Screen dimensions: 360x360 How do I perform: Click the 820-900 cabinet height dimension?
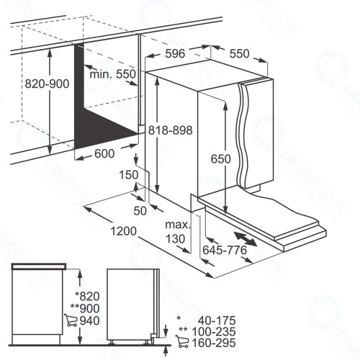(47, 84)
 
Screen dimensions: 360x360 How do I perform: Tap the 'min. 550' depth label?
(112, 74)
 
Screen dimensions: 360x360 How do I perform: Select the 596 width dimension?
(175, 53)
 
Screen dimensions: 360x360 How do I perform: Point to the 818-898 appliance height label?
(171, 130)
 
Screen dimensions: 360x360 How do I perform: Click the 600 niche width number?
(104, 153)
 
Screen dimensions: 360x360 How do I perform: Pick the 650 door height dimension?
(220, 158)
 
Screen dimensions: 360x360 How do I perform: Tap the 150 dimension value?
(129, 175)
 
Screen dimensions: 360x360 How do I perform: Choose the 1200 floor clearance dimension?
(123, 231)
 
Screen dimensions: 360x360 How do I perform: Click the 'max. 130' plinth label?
(177, 232)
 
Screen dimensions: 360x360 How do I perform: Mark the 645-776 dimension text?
(225, 250)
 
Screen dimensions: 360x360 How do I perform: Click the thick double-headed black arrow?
(246, 239)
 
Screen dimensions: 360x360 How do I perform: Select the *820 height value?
(87, 296)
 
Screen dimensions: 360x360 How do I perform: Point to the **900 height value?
(85, 308)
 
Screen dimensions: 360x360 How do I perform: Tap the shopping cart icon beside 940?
(71, 320)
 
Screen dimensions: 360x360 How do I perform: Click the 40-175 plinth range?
(217, 320)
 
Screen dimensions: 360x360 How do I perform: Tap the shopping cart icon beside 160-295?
(182, 341)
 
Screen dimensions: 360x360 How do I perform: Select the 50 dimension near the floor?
(140, 211)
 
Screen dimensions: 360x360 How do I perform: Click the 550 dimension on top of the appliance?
(239, 54)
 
